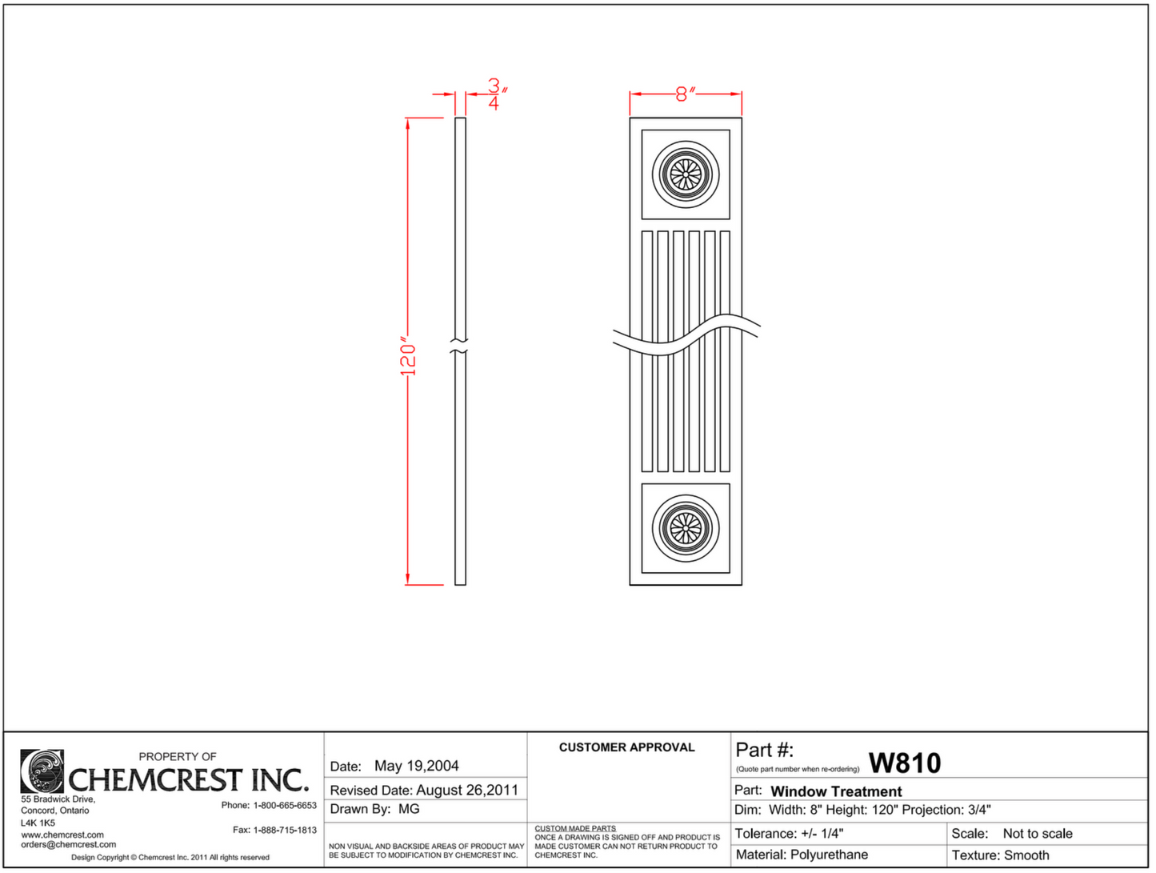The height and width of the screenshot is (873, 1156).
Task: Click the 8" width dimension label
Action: (685, 94)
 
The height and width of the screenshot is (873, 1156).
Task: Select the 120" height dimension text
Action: (408, 357)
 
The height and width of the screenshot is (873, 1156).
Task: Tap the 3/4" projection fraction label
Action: (496, 94)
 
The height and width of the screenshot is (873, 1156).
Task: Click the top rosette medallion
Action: (686, 174)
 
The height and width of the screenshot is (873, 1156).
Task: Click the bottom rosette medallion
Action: (686, 527)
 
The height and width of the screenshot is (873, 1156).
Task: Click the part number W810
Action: (905, 763)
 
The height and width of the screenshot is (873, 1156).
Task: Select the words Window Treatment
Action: (836, 791)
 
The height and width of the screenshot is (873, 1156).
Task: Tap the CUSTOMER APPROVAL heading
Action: (626, 747)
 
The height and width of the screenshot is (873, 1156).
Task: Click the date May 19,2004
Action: (416, 767)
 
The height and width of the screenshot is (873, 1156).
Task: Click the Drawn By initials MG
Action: (409, 809)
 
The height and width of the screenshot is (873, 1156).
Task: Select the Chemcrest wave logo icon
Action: (42, 771)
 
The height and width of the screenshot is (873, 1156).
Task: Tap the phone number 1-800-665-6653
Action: (285, 805)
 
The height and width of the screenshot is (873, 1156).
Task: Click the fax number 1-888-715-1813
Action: (285, 830)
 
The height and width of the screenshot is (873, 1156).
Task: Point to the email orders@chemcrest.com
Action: (68, 844)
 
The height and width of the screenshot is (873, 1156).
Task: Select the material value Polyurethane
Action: (829, 855)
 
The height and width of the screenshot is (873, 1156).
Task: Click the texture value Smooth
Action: (1026, 855)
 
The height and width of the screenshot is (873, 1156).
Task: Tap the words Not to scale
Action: (1038, 834)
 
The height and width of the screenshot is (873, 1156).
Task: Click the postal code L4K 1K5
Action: (38, 823)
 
